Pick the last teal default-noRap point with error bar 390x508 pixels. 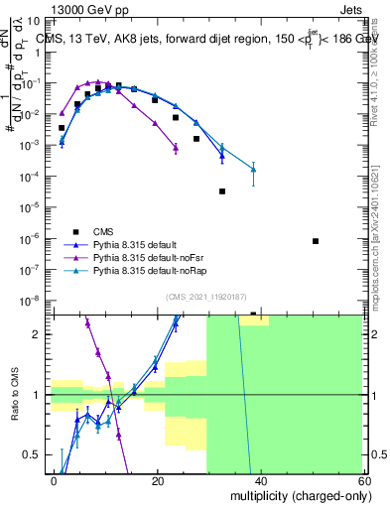click(254, 170)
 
